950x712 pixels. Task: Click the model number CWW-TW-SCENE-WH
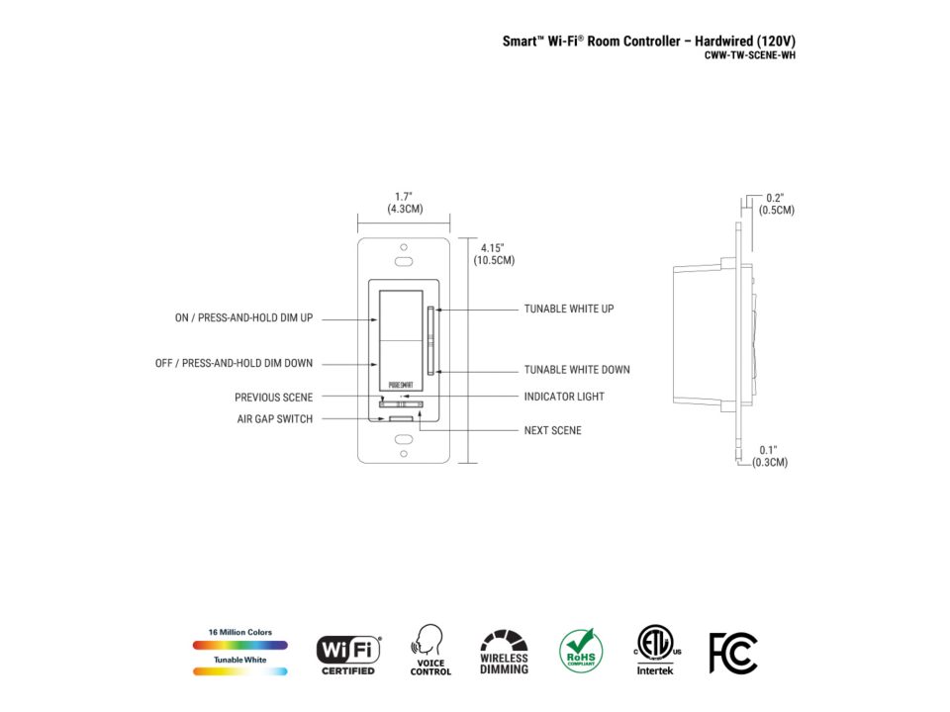pos(749,55)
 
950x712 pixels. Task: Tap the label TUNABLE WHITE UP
pos(569,309)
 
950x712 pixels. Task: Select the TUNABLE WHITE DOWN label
pos(577,369)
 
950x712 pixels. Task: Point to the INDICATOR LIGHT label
pos(564,397)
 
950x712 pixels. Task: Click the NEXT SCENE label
pos(552,430)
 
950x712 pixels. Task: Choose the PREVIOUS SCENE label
pos(274,398)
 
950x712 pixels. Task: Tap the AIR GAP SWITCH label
pos(275,419)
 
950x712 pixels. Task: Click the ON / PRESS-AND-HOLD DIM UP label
pos(244,317)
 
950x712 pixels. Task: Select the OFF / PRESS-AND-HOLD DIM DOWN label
pos(234,363)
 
